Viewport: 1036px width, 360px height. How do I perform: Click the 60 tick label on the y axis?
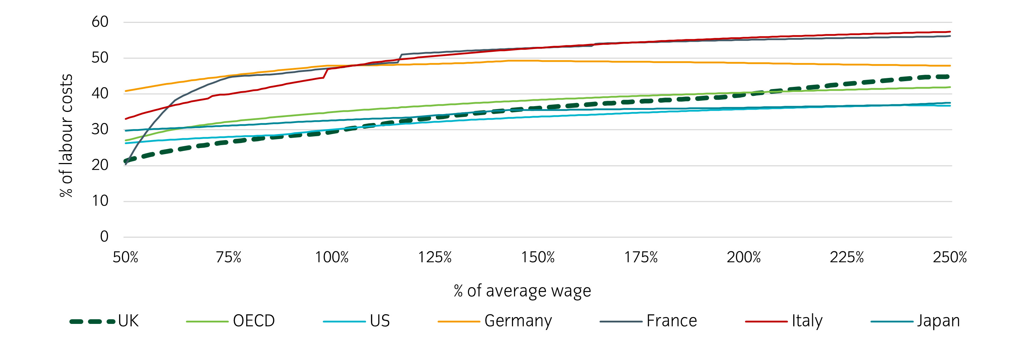click(100, 22)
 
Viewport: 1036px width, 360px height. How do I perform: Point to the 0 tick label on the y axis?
click(104, 237)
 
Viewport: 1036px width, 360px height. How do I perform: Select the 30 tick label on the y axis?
click(100, 129)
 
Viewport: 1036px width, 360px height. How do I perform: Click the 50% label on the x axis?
click(125, 257)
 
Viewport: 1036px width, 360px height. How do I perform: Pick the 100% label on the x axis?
click(332, 257)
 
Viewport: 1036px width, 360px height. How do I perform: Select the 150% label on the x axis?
click(538, 257)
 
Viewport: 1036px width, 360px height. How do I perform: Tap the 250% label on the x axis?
click(949, 257)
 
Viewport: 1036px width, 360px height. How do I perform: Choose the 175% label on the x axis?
click(641, 257)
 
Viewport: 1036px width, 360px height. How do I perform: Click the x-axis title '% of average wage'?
click(522, 291)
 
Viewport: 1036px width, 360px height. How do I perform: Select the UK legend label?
click(128, 321)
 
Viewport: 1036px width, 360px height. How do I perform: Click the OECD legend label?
click(254, 321)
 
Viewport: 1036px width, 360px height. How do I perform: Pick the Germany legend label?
click(518, 321)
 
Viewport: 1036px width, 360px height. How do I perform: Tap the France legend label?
click(672, 321)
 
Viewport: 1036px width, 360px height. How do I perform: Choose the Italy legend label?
click(807, 321)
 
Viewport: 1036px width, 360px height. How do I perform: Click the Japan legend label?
click(938, 321)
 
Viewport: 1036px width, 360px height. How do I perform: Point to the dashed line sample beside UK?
click(93, 322)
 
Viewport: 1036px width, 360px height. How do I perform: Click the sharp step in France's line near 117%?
click(400, 58)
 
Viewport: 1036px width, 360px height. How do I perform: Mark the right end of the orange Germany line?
click(949, 65)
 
